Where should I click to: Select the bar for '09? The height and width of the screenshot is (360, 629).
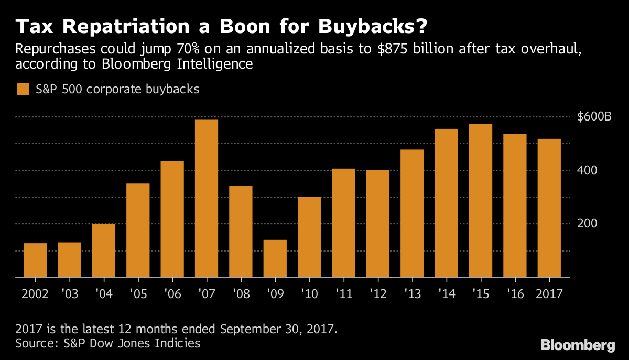click(x=275, y=258)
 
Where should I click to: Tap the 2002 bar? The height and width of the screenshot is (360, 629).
click(x=35, y=260)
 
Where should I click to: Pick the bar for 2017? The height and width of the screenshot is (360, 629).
click(x=549, y=208)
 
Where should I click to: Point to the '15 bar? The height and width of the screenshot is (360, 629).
click(x=480, y=200)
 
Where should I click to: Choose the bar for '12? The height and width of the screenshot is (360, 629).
click(x=377, y=223)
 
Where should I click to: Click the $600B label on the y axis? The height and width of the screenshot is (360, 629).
click(x=594, y=117)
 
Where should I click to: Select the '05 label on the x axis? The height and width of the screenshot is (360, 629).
click(x=138, y=293)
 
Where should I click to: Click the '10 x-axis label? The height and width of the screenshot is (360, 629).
click(x=309, y=293)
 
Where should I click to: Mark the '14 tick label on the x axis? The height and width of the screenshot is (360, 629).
click(x=446, y=293)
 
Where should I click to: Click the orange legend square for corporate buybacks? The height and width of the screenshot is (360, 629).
click(x=23, y=89)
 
